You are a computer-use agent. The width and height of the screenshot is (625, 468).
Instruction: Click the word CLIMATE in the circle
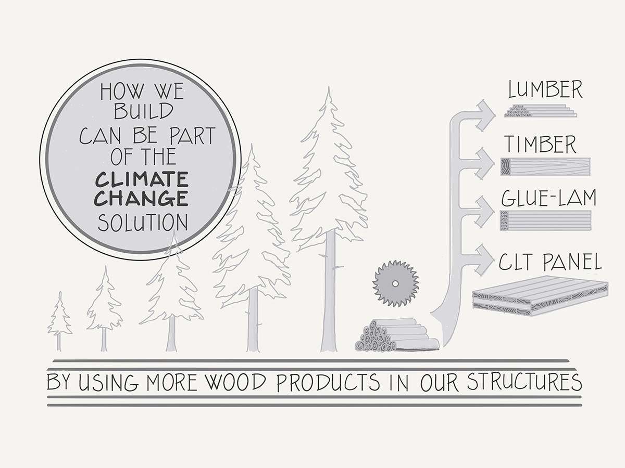142,180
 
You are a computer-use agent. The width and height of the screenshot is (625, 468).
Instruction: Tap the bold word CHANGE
142,199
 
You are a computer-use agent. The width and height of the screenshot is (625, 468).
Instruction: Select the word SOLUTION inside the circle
142,223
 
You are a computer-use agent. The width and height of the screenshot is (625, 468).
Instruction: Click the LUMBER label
545,90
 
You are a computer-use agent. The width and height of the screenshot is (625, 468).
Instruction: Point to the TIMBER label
539,144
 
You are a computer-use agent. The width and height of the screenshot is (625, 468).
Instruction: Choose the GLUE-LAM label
548,198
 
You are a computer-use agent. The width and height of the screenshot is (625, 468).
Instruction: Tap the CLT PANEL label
550,262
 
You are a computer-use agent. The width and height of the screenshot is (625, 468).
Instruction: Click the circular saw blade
396,283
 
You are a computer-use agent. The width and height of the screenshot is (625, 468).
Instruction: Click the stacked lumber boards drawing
540,111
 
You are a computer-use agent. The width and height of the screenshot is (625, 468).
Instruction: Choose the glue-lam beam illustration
545,220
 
